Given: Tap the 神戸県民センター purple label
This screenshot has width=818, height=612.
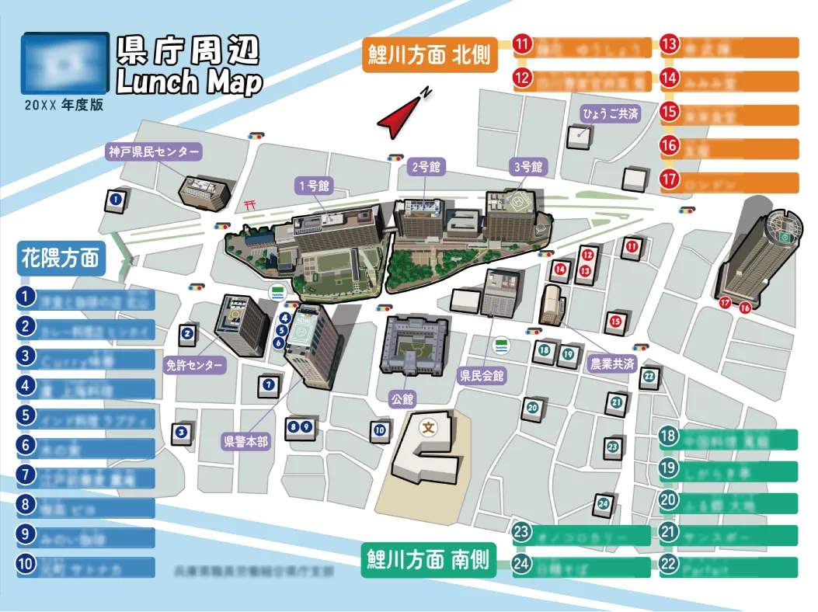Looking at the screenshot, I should click(x=154, y=151).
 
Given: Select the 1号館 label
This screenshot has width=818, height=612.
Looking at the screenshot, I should click(x=314, y=186).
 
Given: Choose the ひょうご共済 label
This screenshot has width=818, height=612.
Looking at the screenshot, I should click(x=611, y=114).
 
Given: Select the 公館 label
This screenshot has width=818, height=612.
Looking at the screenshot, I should click(x=403, y=399).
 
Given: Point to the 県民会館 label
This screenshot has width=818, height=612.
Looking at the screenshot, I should click(x=482, y=376).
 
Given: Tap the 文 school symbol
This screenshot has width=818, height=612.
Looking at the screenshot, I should click(x=428, y=426).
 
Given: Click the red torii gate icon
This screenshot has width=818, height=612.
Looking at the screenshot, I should click(x=250, y=205).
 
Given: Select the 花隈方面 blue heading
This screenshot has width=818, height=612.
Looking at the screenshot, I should click(x=61, y=259).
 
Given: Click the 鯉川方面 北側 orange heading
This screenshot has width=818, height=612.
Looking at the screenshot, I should click(x=429, y=55).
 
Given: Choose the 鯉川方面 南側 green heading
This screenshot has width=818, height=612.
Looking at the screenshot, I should click(x=428, y=558).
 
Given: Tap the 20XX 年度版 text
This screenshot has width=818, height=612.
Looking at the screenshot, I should click(x=63, y=105).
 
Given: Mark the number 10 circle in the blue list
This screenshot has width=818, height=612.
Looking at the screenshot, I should click(x=26, y=565).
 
